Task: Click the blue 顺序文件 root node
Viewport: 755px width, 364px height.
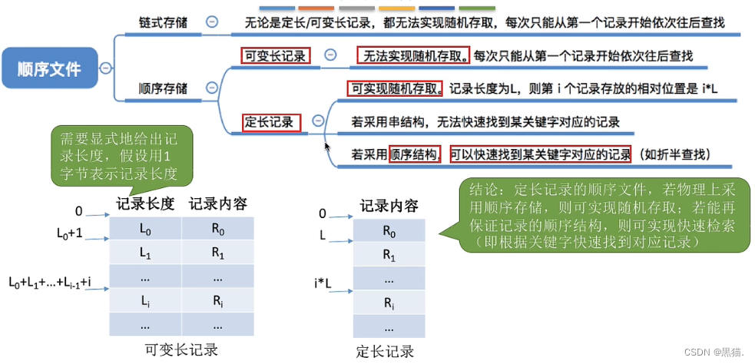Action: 50,68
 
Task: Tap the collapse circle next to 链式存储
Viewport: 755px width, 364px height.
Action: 212,22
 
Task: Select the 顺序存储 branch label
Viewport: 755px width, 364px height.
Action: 163,88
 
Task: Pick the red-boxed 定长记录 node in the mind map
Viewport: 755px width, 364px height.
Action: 269,121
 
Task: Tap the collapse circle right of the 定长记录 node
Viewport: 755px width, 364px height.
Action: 318,121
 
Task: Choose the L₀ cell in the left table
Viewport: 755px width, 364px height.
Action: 145,229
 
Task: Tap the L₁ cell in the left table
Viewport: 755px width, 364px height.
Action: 145,253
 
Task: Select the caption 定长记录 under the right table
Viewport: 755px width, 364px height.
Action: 386,352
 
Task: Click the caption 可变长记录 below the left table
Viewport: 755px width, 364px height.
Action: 181,349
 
